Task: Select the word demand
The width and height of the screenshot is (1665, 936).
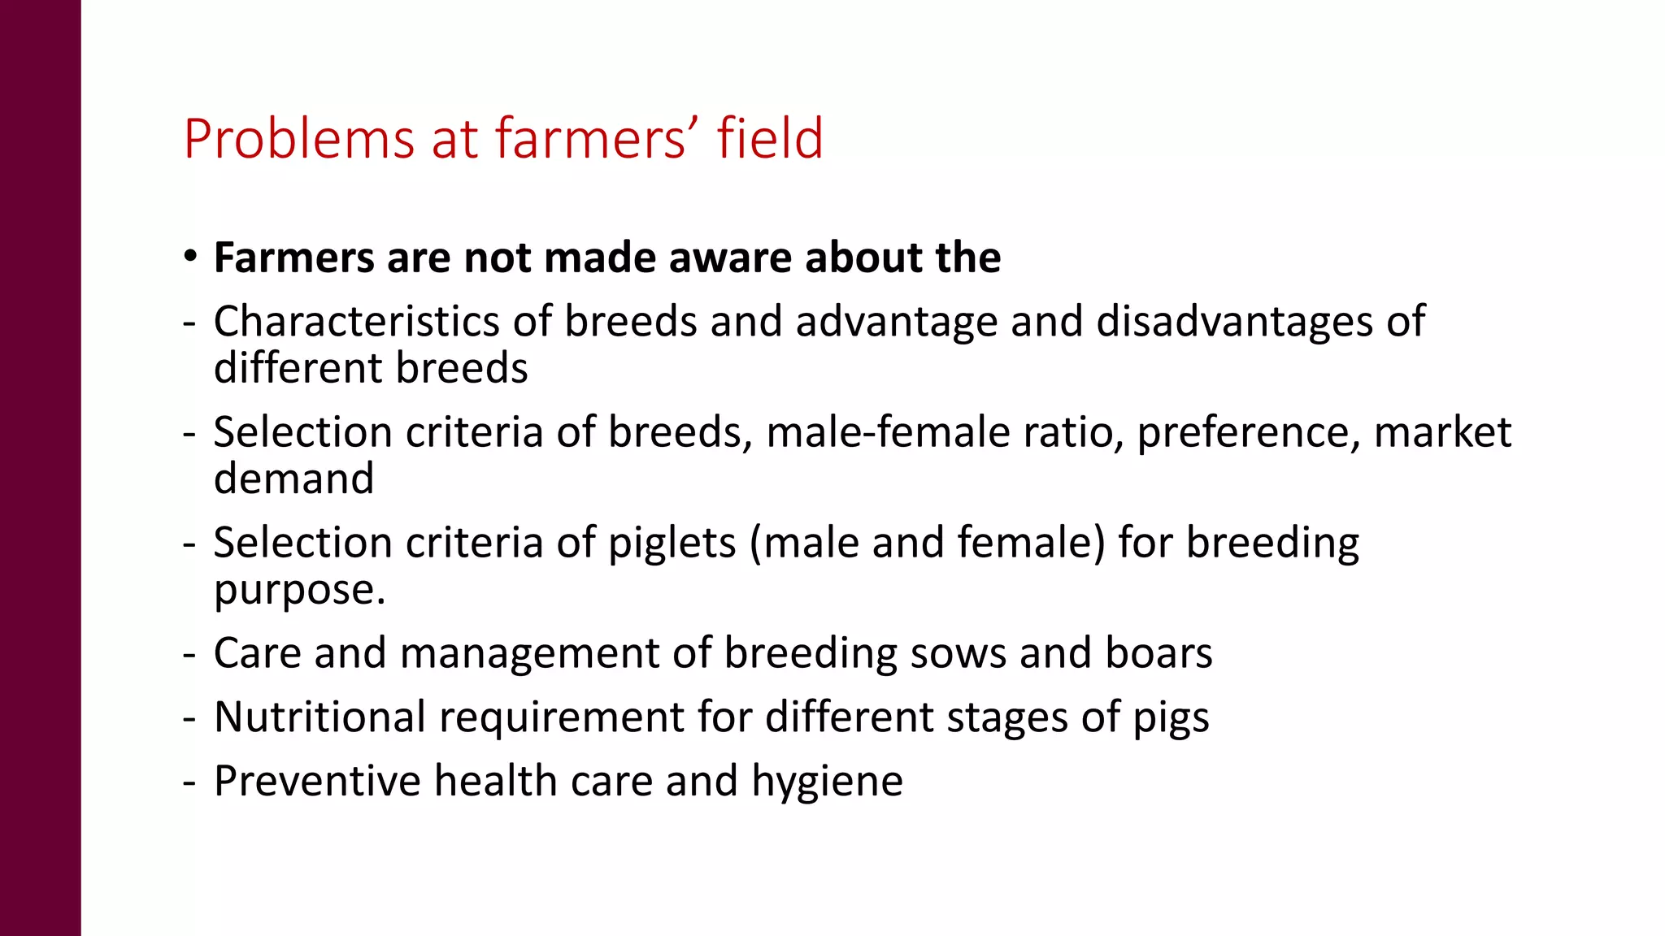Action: [x=293, y=479]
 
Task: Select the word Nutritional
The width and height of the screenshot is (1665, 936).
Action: [x=320, y=717]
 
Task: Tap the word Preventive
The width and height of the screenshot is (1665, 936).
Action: [x=317, y=781]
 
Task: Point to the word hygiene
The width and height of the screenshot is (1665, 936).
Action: [x=827, y=782]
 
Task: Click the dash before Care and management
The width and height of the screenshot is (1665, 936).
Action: [x=189, y=654]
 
